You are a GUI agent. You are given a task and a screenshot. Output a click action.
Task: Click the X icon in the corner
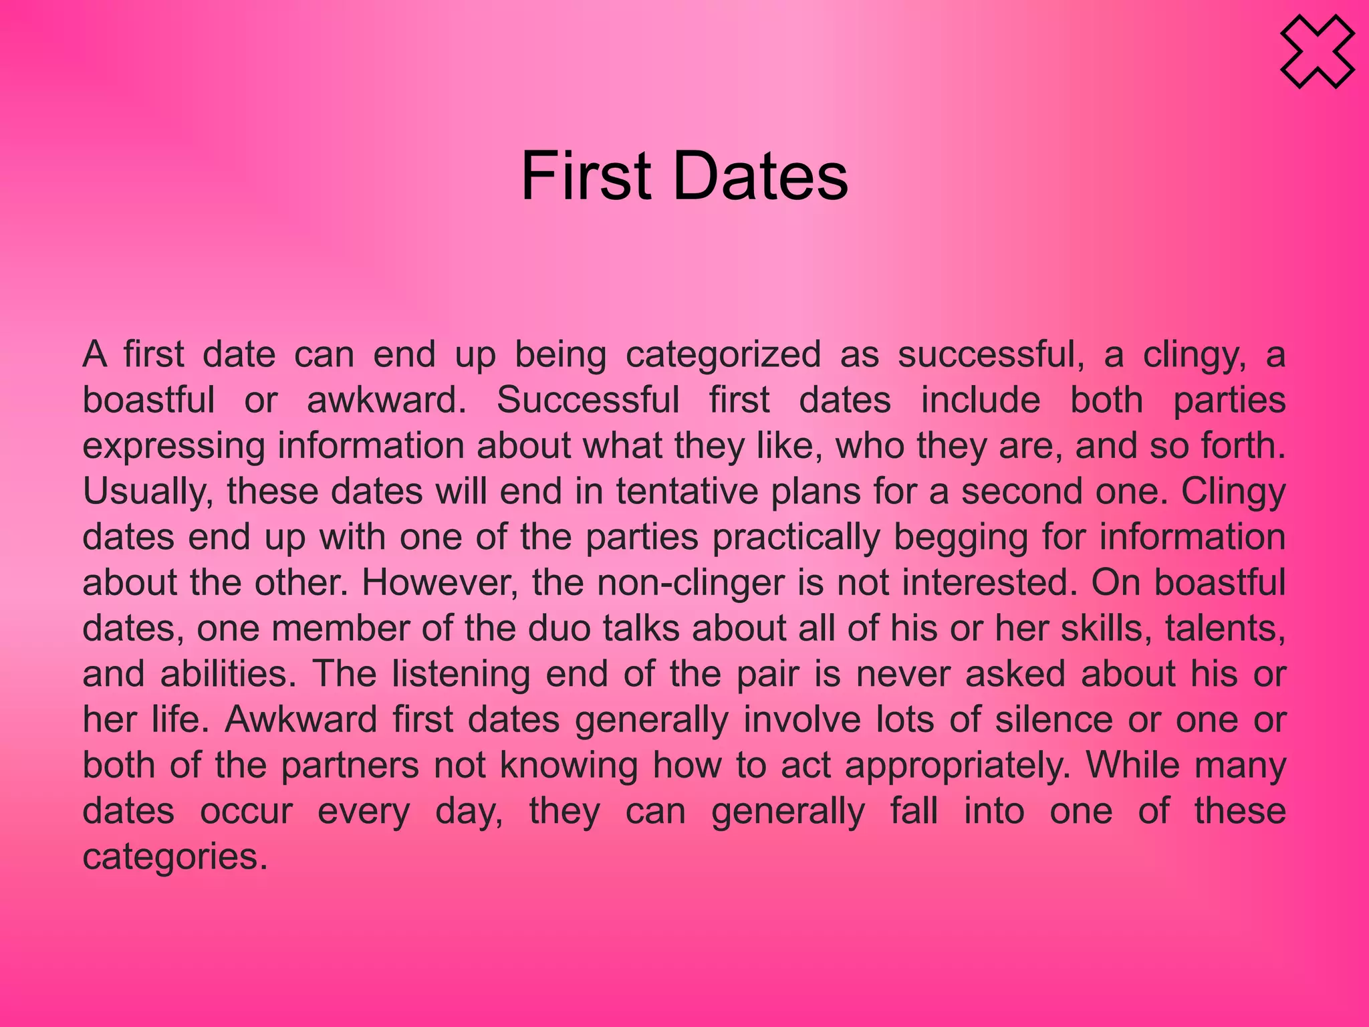1317,52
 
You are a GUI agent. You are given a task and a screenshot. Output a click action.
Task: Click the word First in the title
586,176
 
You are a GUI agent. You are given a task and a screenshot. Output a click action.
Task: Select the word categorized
723,354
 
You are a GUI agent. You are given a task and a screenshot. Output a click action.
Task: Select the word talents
1225,629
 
